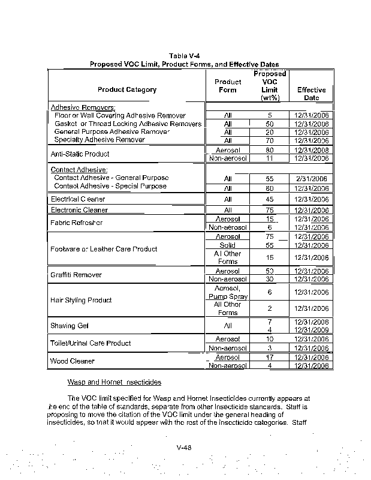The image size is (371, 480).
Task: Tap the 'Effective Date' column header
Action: [x=311, y=94]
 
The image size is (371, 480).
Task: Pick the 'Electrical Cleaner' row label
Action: [x=78, y=199]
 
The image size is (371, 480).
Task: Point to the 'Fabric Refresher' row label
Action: [x=77, y=223]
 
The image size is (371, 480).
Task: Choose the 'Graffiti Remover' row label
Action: [x=76, y=275]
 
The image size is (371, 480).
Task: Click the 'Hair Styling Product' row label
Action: [x=82, y=300]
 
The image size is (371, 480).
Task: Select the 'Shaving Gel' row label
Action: [x=70, y=326]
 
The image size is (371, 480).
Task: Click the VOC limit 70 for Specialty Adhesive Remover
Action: [x=270, y=140]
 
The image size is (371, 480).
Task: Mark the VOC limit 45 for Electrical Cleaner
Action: [x=270, y=199]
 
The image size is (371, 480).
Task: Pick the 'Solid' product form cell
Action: [x=228, y=245]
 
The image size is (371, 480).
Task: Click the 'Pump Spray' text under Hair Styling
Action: [x=228, y=296]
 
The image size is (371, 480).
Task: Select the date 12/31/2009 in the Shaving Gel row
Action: [x=312, y=330]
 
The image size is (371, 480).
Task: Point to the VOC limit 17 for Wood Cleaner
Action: [x=270, y=358]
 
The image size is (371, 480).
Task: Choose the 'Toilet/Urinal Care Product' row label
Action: [x=90, y=343]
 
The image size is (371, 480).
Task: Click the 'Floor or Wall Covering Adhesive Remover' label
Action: [x=120, y=115]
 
